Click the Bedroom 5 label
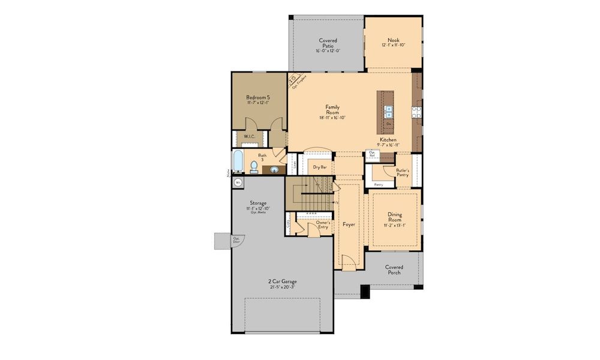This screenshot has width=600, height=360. pyautogui.click(x=256, y=97)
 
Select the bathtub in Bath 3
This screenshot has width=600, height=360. pyautogui.click(x=236, y=162)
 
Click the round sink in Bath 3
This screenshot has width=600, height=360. pyautogui.click(x=274, y=170)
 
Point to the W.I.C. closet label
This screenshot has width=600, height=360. pyautogui.click(x=250, y=136)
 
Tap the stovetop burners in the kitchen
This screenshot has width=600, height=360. pyautogui.click(x=416, y=111)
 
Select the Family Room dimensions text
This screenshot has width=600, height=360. pyautogui.click(x=332, y=118)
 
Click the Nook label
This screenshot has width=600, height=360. pyautogui.click(x=393, y=40)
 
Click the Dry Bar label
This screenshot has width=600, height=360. pyautogui.click(x=319, y=167)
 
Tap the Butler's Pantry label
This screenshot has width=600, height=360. pyautogui.click(x=403, y=172)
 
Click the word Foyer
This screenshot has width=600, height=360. pyautogui.click(x=349, y=224)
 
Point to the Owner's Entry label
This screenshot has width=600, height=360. pyautogui.click(x=315, y=224)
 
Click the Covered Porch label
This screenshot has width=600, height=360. pyautogui.click(x=394, y=269)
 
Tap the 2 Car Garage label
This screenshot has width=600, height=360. pyautogui.click(x=282, y=281)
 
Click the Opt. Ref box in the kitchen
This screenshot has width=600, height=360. pyautogui.click(x=372, y=154)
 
